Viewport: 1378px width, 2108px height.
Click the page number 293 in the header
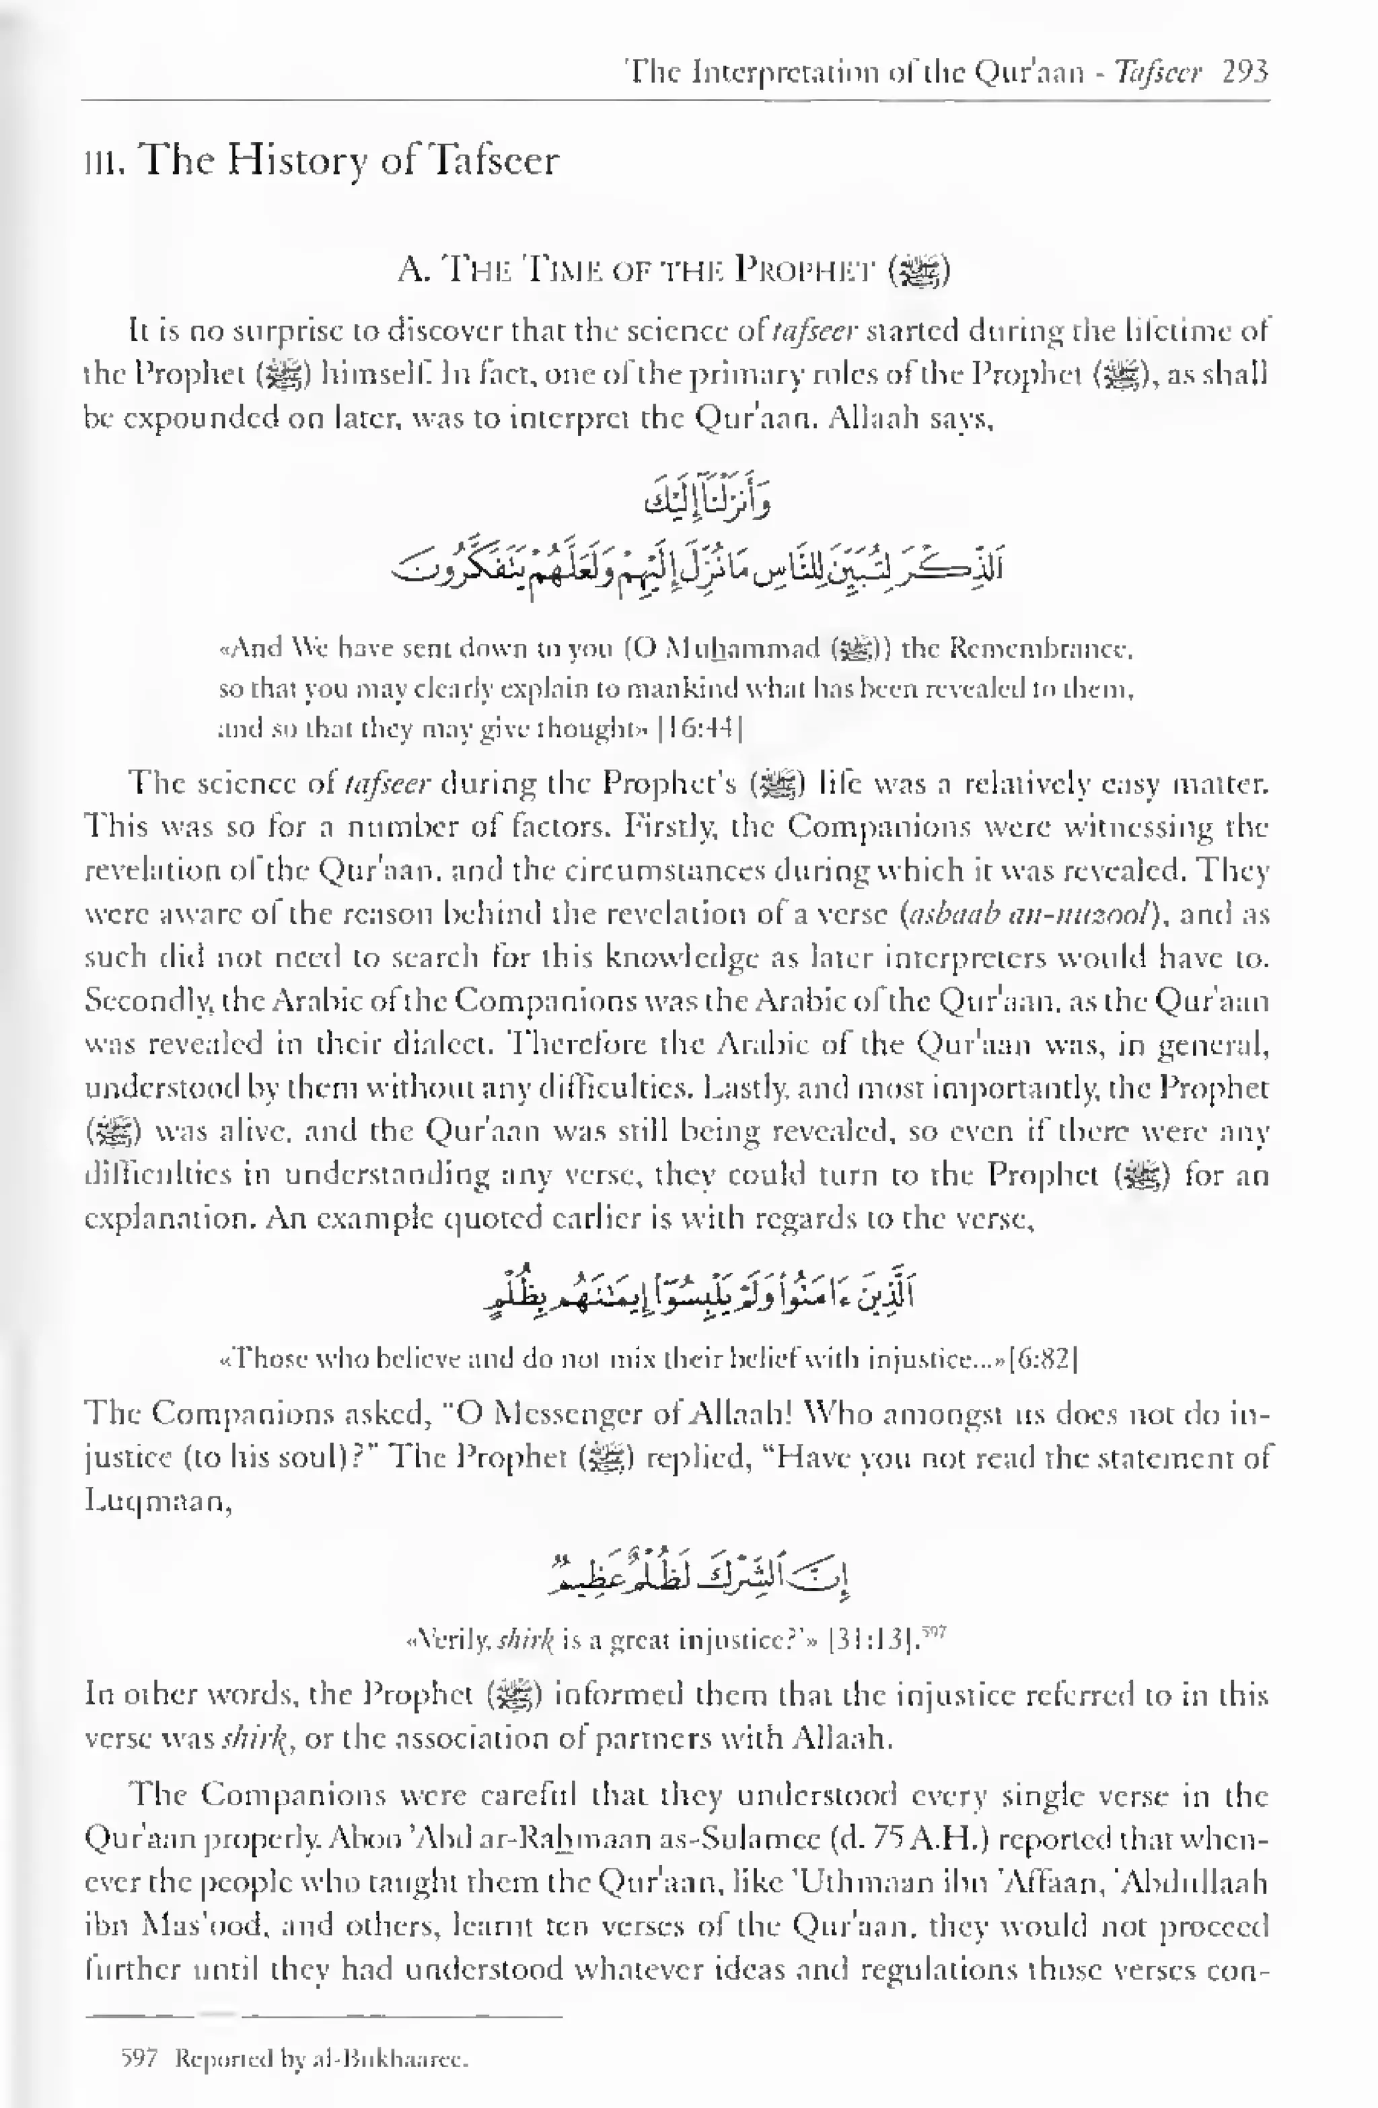pos(1244,71)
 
